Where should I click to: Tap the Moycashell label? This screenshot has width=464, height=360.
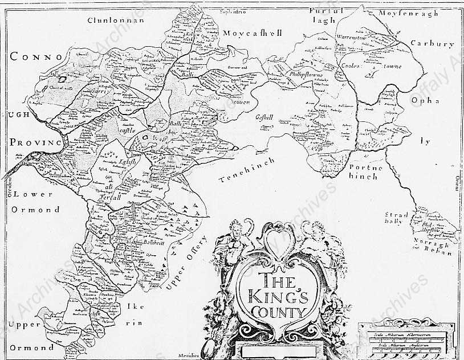253,33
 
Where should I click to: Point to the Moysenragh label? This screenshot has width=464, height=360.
409,13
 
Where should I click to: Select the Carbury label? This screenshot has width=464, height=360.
432,44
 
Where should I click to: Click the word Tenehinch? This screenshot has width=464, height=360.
247,170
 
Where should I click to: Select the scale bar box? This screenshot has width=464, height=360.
406,339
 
